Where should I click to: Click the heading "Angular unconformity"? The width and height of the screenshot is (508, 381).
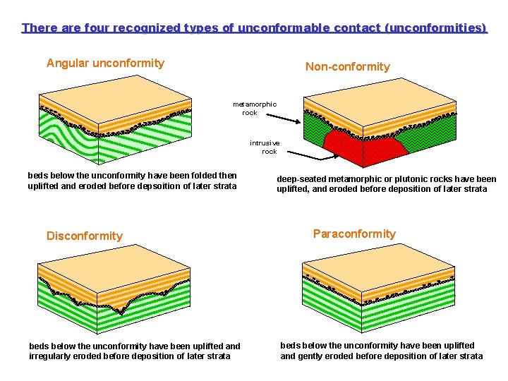[x=105, y=64]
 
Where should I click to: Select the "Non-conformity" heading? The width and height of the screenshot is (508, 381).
[x=347, y=67]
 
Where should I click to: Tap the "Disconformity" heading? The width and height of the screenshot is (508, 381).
[x=85, y=236]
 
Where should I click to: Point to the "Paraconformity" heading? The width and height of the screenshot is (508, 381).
[x=354, y=234]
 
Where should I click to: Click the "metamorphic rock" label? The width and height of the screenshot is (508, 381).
[x=254, y=108]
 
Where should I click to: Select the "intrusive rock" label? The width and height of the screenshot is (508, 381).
[x=265, y=147]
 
